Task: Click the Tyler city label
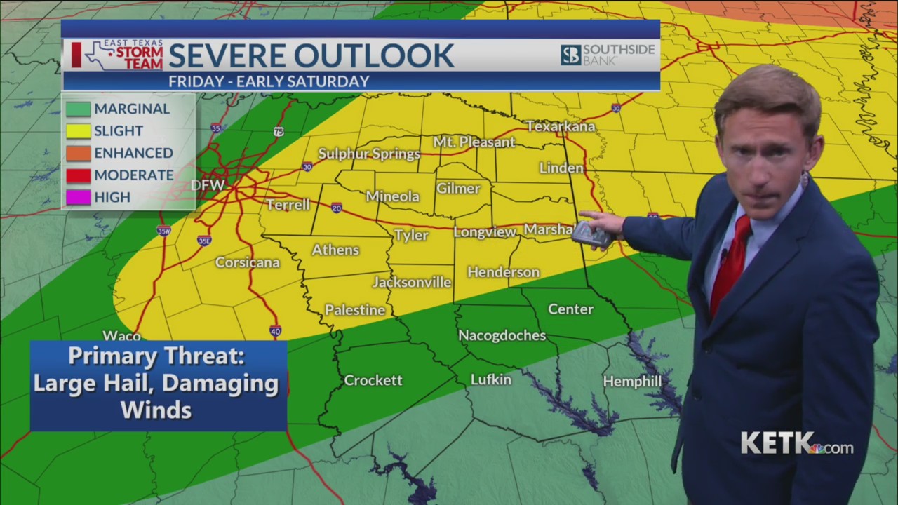point(411,235)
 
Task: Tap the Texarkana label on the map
point(561,126)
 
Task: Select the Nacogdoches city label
point(502,335)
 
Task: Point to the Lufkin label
point(491,379)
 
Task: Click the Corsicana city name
point(248,262)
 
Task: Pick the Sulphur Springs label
point(369,154)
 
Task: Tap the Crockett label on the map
point(373,380)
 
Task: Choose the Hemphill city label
point(632,381)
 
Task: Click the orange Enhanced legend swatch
point(79,153)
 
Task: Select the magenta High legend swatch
point(79,197)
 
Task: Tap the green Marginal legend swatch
point(79,109)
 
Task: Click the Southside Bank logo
point(608,55)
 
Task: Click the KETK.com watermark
point(797,444)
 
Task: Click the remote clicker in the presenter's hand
point(591,234)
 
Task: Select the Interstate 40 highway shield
point(276,331)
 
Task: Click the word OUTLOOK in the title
point(373,55)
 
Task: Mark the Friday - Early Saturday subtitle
point(269,81)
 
